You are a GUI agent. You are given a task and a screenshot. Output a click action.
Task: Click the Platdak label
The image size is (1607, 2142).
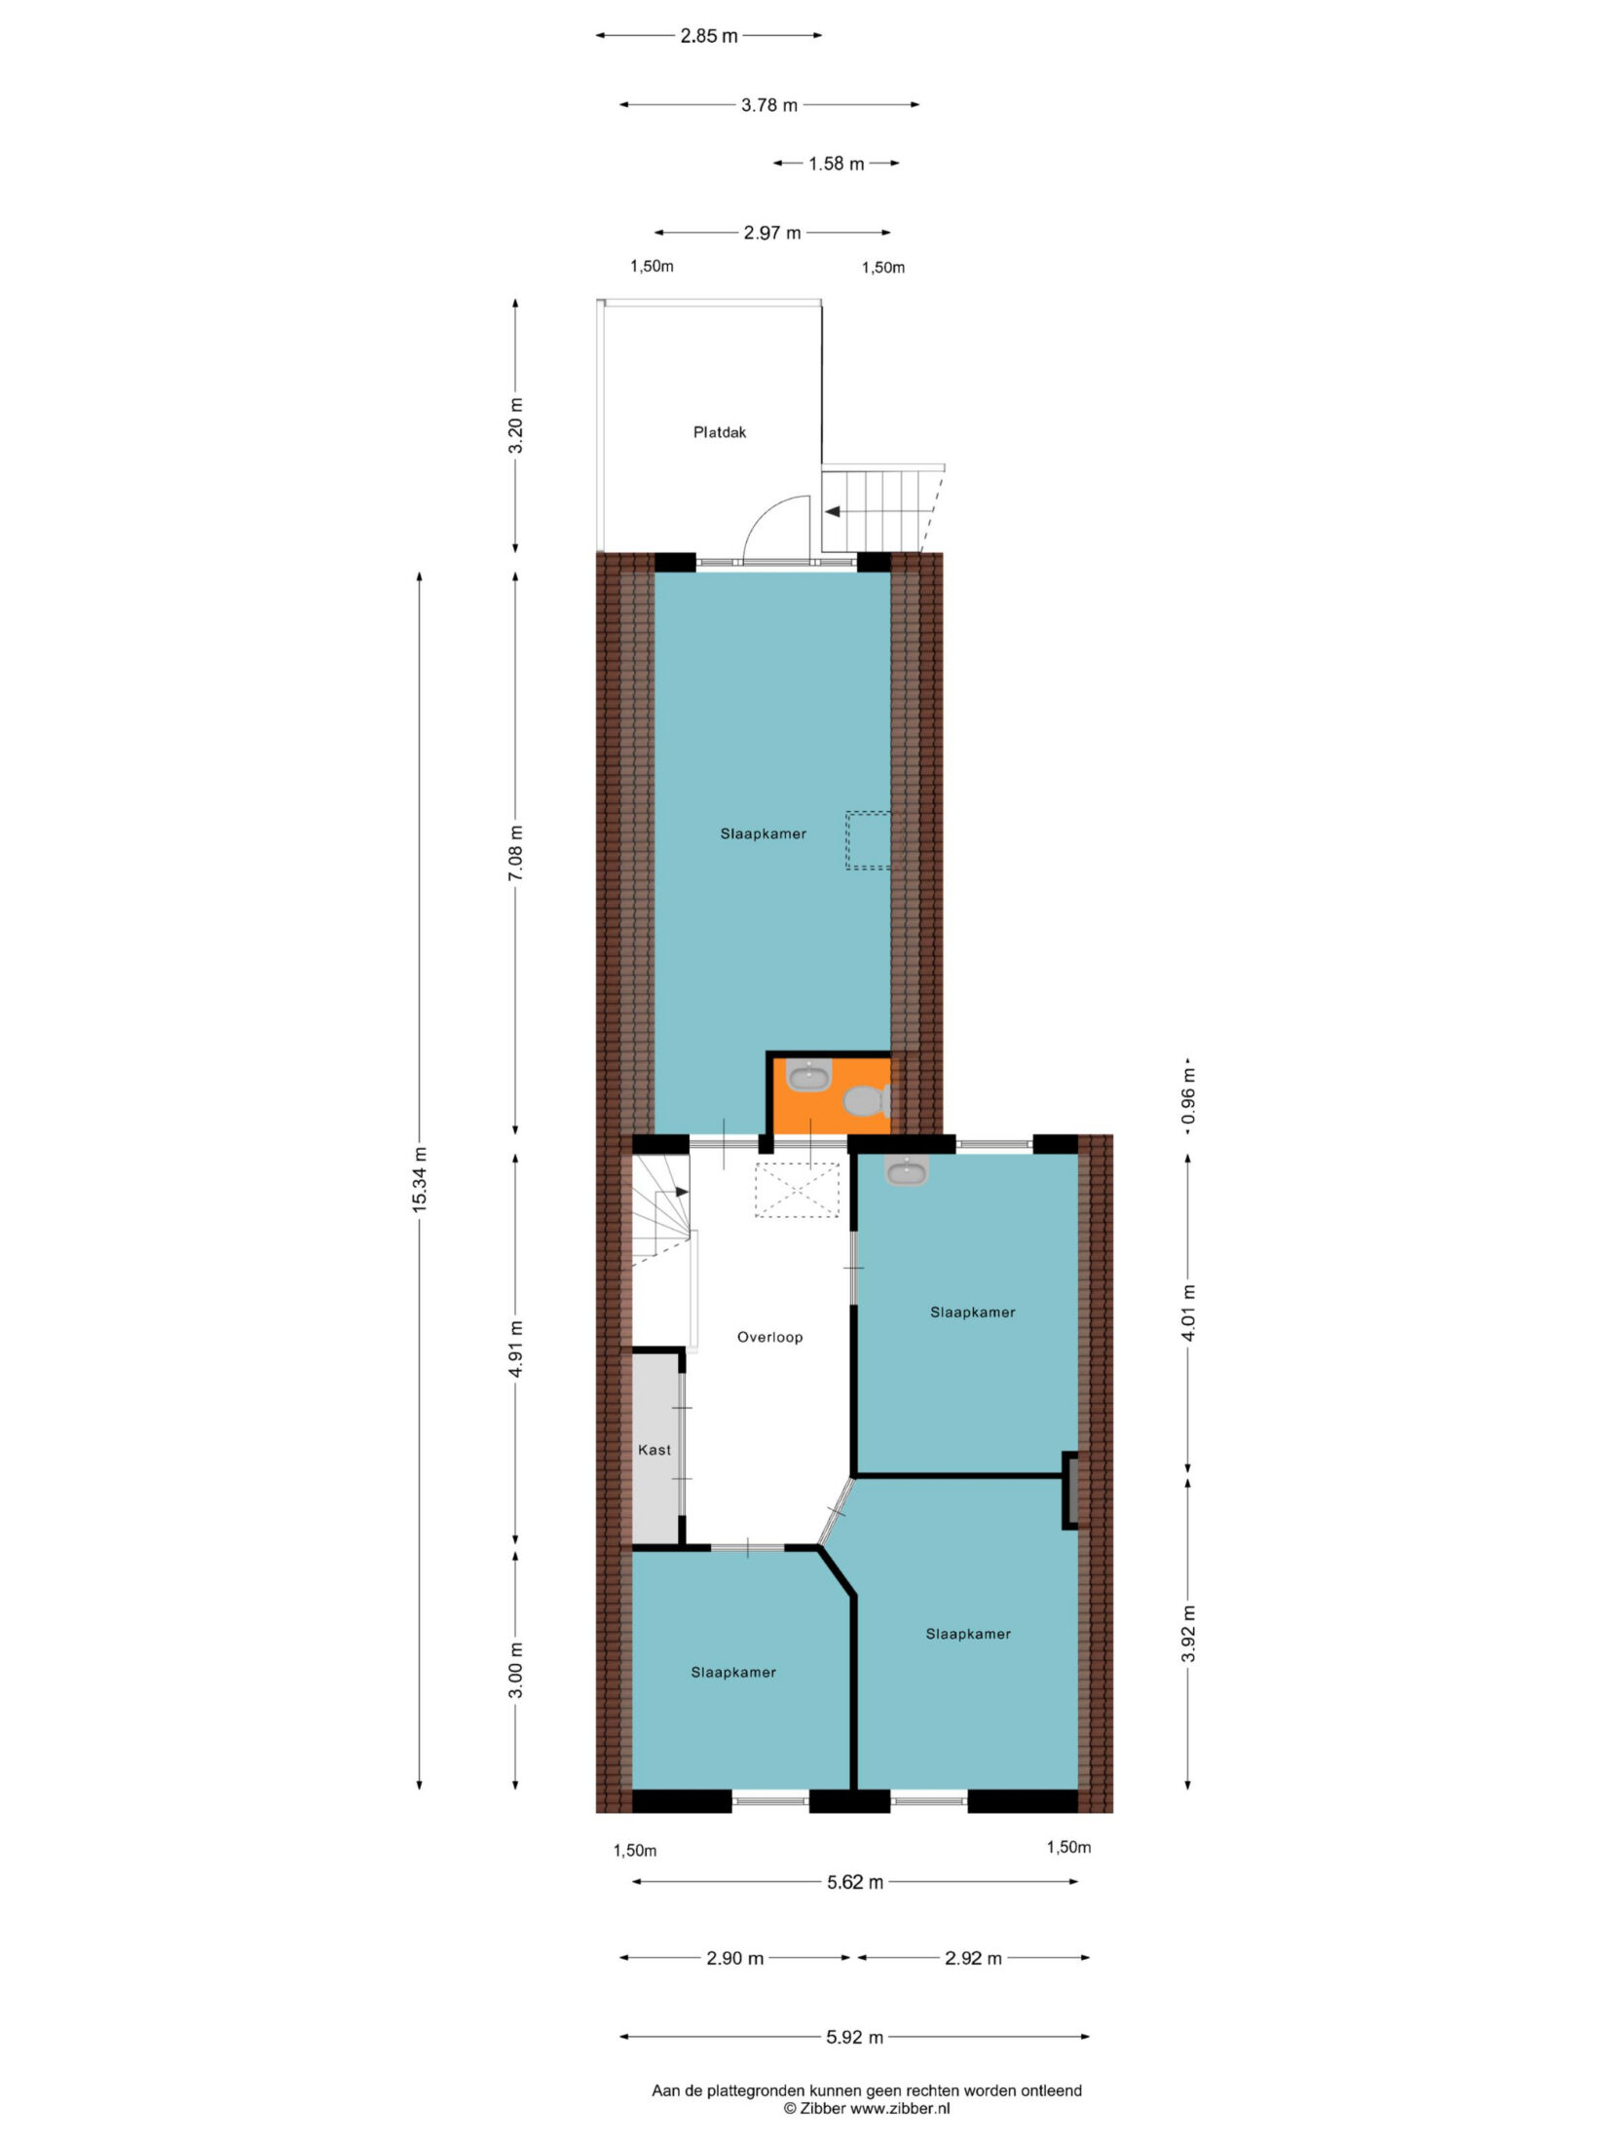click(x=719, y=432)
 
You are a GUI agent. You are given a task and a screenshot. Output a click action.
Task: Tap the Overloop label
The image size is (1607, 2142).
click(x=769, y=1337)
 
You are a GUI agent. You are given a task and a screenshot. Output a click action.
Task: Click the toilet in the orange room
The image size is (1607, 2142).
click(x=864, y=1102)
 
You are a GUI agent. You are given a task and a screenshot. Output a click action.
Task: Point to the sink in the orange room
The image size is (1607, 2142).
click(x=808, y=1076)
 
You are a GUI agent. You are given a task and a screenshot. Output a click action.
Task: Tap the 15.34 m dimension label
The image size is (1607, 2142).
click(x=419, y=1179)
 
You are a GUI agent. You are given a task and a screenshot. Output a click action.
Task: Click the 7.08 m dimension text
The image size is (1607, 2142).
click(x=515, y=853)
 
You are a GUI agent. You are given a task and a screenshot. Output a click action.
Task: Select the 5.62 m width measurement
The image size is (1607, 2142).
click(x=855, y=1882)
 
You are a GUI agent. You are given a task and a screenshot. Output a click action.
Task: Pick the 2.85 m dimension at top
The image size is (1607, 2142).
click(x=709, y=36)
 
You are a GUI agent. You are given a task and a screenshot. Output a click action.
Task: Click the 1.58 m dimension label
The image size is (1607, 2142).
click(x=836, y=164)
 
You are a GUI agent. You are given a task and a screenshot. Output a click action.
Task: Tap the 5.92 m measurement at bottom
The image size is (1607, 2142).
click(x=855, y=2036)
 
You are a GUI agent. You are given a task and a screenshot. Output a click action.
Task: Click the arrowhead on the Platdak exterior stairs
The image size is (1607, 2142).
click(x=833, y=510)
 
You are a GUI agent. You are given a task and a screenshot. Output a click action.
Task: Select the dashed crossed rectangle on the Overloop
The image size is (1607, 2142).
click(x=797, y=1190)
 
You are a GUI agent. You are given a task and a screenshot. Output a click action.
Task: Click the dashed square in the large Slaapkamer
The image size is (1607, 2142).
click(x=868, y=839)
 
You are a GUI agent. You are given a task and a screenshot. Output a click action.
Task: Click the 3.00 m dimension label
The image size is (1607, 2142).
click(x=515, y=1670)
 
